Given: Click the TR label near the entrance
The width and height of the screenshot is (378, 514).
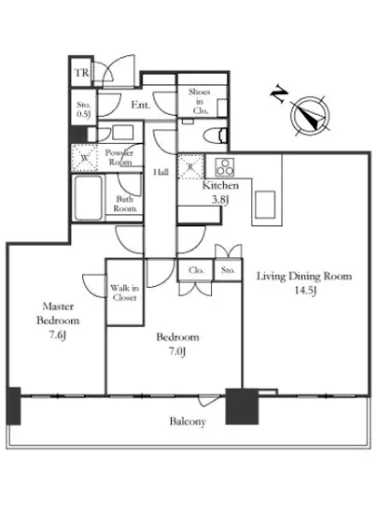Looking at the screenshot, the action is [82, 73].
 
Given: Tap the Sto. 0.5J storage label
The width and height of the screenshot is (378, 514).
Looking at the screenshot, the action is [83, 109].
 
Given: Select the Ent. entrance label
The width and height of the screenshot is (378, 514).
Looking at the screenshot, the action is [141, 105].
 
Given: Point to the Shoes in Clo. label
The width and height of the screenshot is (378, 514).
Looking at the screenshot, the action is [200, 101].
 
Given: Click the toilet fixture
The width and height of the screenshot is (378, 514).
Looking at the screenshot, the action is [215, 136].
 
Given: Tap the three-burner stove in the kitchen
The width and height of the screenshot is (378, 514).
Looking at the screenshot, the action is [225, 167].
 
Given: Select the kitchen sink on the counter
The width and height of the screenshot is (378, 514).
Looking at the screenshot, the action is [265, 205].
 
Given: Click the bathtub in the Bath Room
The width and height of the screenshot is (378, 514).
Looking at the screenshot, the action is [89, 198].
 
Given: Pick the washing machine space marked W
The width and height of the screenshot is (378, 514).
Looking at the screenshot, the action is [85, 158].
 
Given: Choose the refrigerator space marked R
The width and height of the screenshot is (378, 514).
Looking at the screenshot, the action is [190, 167].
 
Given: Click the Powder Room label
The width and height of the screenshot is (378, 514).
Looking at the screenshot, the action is [119, 157].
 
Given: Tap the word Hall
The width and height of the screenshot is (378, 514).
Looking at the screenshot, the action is [161, 172].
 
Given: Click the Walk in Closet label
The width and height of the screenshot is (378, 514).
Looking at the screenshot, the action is [125, 293].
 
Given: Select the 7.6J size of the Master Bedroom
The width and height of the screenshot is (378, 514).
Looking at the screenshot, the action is [58, 336].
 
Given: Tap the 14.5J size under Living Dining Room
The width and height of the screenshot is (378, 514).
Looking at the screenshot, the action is [305, 291].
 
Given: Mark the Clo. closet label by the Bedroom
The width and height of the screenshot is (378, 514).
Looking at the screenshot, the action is [196, 270].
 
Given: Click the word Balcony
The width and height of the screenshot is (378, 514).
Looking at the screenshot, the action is [188, 421].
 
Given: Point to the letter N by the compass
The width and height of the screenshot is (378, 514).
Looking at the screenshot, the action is [279, 93].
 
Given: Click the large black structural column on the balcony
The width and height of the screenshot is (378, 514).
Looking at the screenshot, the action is [242, 407].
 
